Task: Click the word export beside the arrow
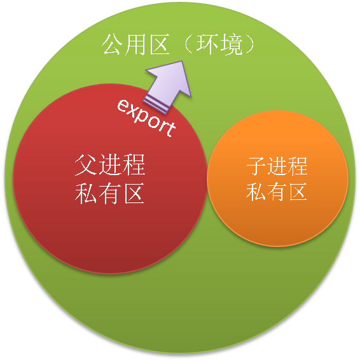[x=146, y=118]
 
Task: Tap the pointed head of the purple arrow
[x=182, y=61]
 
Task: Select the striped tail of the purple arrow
[x=155, y=105]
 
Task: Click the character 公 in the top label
[x=112, y=44]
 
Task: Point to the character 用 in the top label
[x=135, y=45]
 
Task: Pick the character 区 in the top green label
[x=160, y=45]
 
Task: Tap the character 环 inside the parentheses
[x=207, y=45]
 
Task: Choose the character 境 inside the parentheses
[x=232, y=45]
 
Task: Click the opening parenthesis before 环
[x=188, y=45]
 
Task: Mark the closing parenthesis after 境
[x=249, y=45]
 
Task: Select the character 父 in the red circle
[x=86, y=165]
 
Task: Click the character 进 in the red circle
[x=110, y=165]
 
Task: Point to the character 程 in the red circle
[x=134, y=165]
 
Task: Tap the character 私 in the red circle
[x=86, y=193]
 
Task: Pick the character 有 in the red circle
[x=110, y=193]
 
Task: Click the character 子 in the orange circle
[x=256, y=166]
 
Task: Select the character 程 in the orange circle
[x=298, y=166]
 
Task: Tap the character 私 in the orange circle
[x=256, y=192]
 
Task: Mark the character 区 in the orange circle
[x=298, y=192]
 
